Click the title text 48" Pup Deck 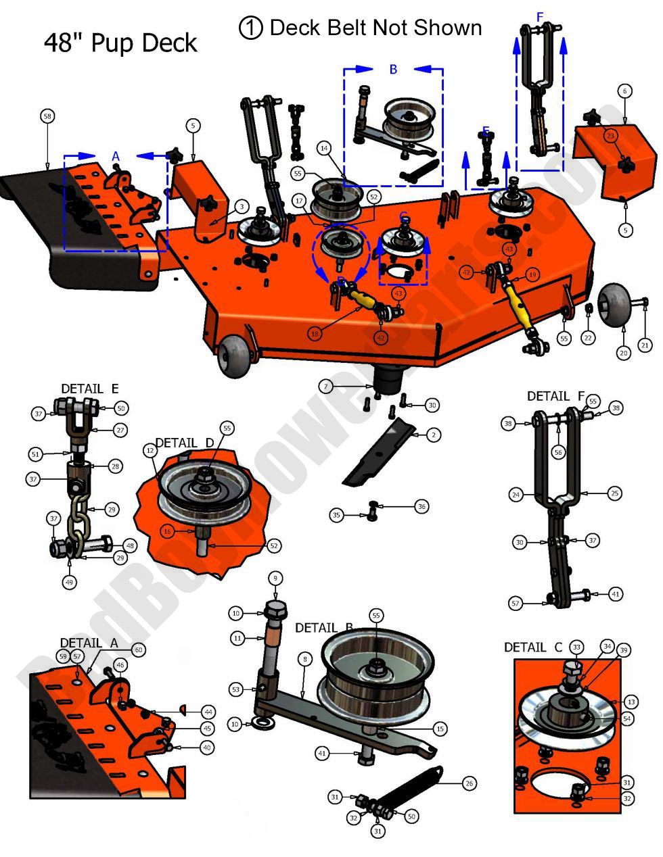[120, 43]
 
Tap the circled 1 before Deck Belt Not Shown [250, 28]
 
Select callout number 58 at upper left [47, 116]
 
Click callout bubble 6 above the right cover [624, 91]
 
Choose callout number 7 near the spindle [327, 387]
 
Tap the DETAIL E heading [90, 389]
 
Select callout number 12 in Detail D [150, 449]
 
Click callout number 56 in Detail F [558, 453]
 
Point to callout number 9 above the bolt [275, 578]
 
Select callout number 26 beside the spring [469, 783]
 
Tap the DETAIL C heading [532, 647]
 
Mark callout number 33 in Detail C [576, 647]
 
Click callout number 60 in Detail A [139, 650]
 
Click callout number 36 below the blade [421, 506]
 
